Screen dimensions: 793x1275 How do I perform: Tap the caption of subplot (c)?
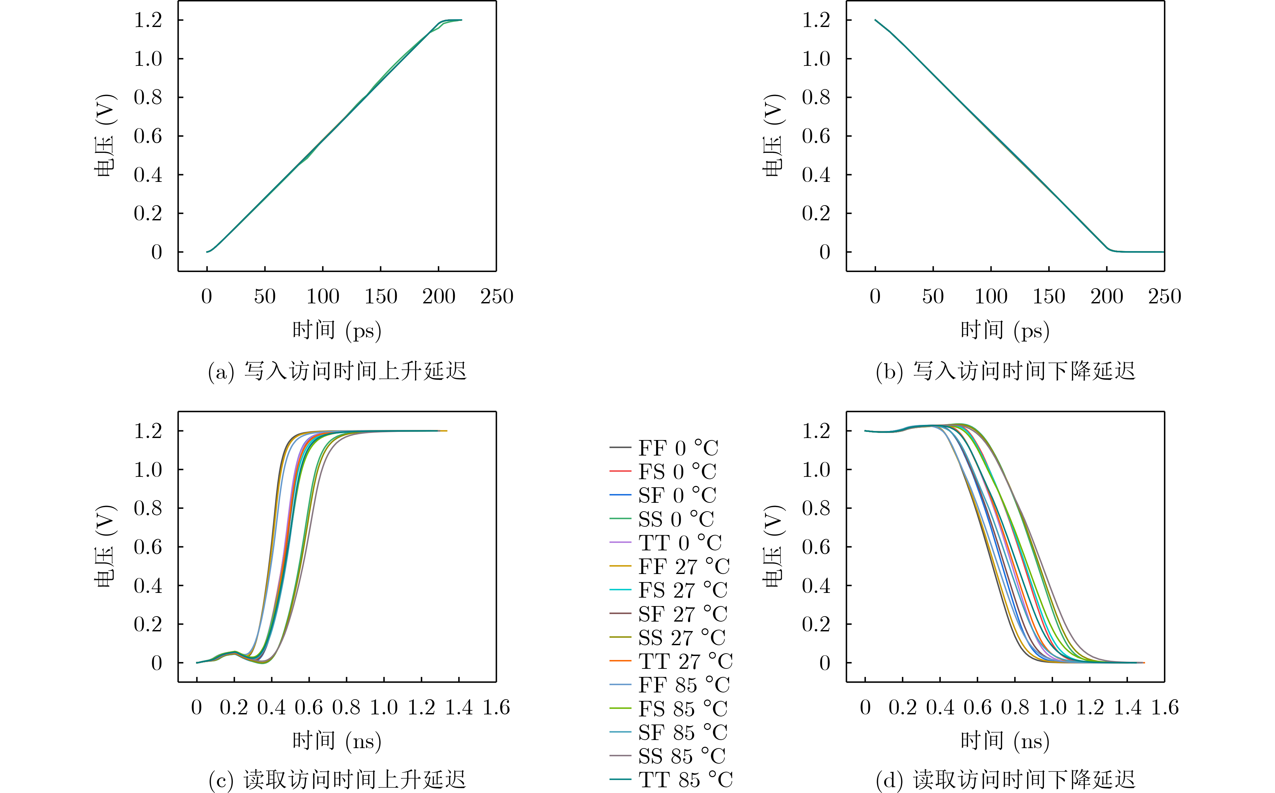[x=337, y=780]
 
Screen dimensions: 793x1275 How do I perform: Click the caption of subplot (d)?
[x=1005, y=780]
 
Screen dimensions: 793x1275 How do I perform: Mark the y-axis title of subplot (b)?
[x=773, y=135]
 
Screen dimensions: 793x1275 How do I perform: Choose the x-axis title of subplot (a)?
[x=337, y=330]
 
